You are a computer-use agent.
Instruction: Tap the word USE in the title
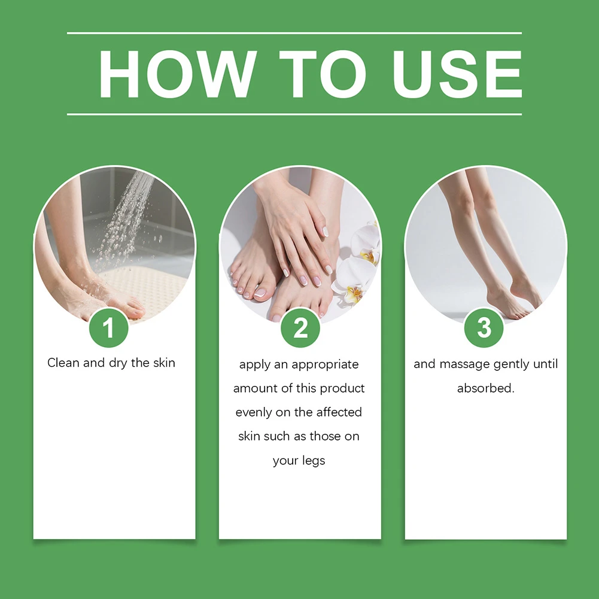click(457, 74)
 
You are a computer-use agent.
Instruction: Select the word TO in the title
click(323, 74)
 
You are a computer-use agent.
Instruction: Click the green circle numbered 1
click(108, 328)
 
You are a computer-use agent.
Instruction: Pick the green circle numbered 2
click(300, 328)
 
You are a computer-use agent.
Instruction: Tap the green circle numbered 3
click(484, 328)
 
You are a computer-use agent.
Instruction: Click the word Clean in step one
click(63, 363)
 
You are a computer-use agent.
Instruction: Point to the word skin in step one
click(164, 363)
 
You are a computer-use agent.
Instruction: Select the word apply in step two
click(255, 365)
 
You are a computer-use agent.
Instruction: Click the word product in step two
click(342, 388)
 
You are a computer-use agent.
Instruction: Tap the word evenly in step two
click(253, 412)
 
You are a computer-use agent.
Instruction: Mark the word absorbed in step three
click(485, 388)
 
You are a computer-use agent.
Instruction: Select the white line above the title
click(294, 34)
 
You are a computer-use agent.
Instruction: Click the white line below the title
click(294, 114)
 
